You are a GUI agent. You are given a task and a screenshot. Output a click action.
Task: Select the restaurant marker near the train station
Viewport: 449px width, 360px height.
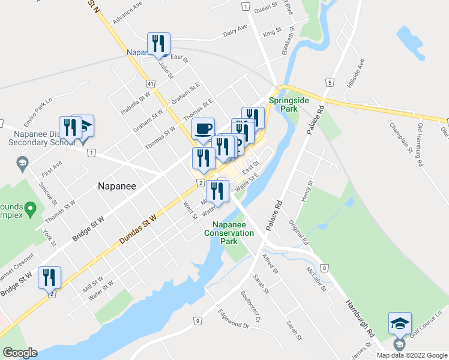[x=159, y=43]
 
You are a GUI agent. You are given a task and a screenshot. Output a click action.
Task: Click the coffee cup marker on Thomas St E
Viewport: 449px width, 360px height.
[x=203, y=128]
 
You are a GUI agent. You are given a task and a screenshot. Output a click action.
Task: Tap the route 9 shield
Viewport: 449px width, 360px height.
[x=197, y=322]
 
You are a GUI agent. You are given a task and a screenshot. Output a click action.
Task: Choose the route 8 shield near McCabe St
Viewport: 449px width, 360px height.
[x=324, y=267]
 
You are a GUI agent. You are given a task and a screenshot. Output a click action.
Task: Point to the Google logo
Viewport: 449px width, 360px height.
[x=20, y=353]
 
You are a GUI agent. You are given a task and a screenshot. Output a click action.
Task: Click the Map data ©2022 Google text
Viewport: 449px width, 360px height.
[x=411, y=355]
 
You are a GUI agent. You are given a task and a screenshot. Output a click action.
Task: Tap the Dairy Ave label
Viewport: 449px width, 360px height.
[x=235, y=31]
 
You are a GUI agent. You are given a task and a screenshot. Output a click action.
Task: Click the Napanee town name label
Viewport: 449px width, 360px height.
[x=117, y=186]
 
